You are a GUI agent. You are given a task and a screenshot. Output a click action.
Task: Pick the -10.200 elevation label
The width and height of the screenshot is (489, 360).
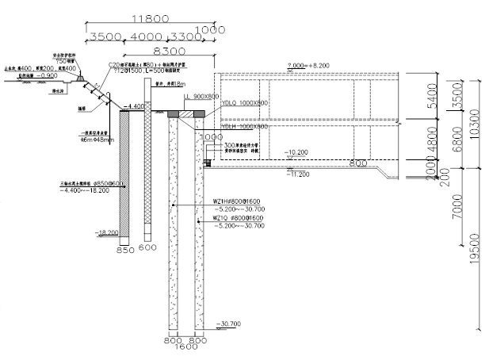296,151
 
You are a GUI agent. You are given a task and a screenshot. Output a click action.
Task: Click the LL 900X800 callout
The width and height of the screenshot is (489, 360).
201,96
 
